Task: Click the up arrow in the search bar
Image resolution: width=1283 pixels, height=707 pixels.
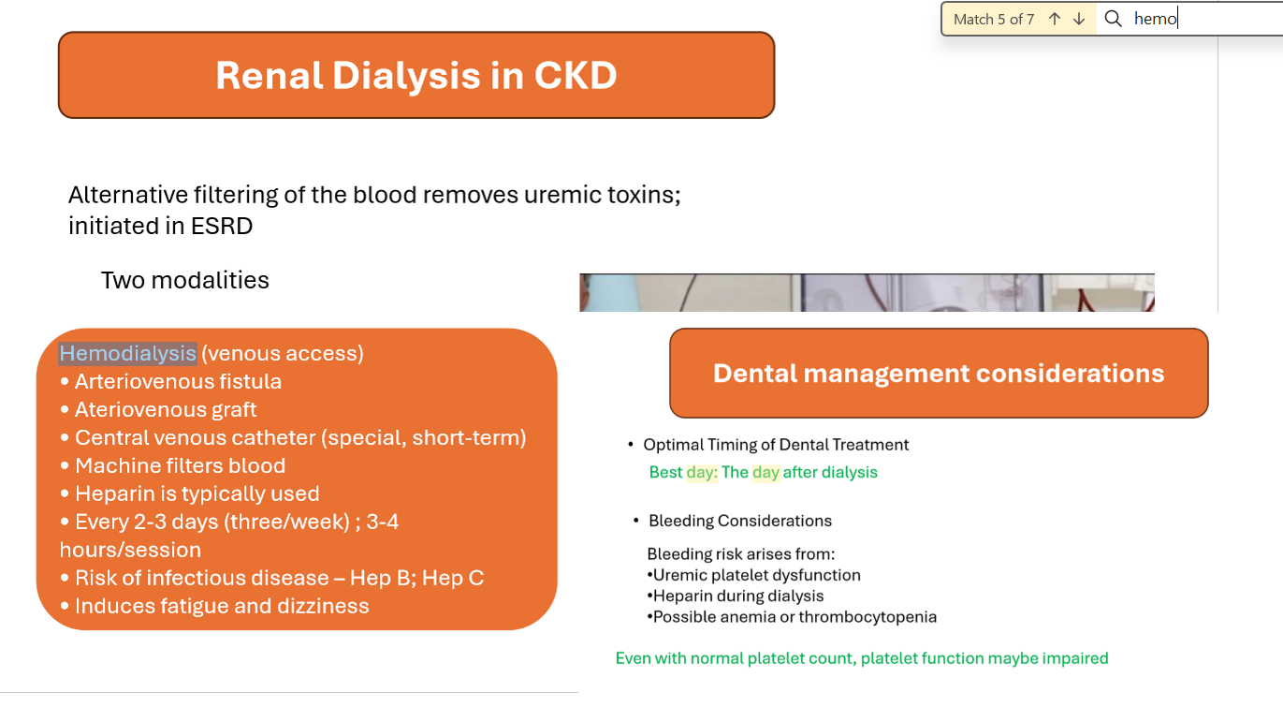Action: click(x=1055, y=19)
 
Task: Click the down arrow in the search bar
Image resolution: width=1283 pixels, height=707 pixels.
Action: click(x=1079, y=19)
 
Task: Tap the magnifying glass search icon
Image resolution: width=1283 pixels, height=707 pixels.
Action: click(x=1113, y=19)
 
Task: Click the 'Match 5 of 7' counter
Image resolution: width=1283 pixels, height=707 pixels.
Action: click(x=994, y=20)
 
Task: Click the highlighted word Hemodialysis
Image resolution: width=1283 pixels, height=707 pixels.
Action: click(x=127, y=354)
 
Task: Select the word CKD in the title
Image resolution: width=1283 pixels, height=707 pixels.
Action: click(x=576, y=75)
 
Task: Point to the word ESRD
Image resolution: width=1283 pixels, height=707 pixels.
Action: click(x=222, y=226)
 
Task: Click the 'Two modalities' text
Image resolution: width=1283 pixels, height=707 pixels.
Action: click(x=185, y=280)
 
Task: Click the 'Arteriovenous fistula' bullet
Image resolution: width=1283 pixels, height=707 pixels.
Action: click(x=170, y=381)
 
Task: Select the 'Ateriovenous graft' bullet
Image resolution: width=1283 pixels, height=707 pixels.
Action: click(x=158, y=409)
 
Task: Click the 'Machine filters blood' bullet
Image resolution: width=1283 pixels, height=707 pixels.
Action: click(x=172, y=465)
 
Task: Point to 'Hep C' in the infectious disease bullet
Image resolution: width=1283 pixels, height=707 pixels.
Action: click(x=453, y=578)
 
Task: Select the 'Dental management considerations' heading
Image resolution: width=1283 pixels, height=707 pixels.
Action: click(x=939, y=374)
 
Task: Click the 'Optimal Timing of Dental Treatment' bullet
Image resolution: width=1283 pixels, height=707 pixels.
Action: click(x=768, y=445)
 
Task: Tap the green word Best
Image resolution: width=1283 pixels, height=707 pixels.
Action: click(x=665, y=472)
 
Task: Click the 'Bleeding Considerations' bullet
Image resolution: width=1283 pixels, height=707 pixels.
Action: click(x=733, y=521)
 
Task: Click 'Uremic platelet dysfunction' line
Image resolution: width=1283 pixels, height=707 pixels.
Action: click(x=753, y=575)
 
